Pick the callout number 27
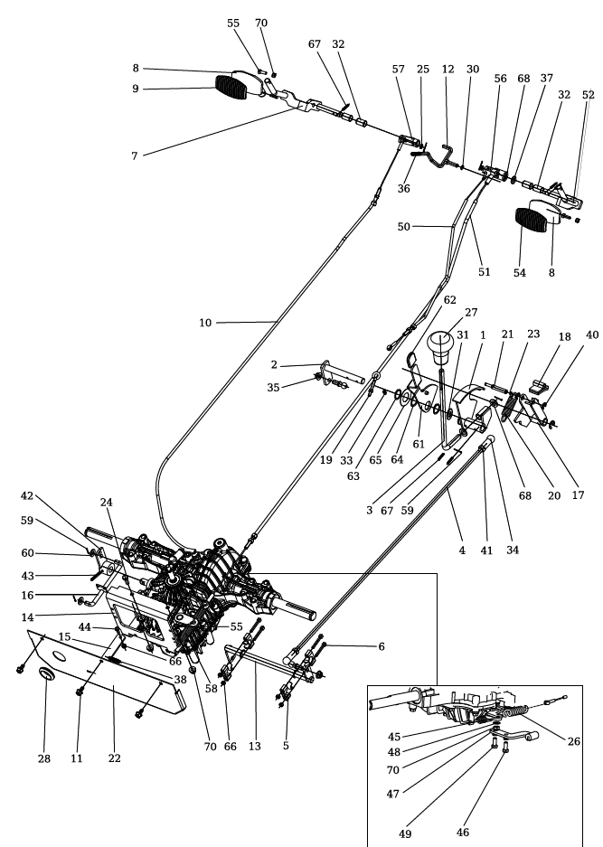click(470, 312)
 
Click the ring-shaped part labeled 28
click(44, 677)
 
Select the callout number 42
click(27, 496)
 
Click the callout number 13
click(254, 746)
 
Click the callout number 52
click(589, 95)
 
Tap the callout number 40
click(593, 334)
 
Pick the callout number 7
click(134, 155)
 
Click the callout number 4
click(461, 550)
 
